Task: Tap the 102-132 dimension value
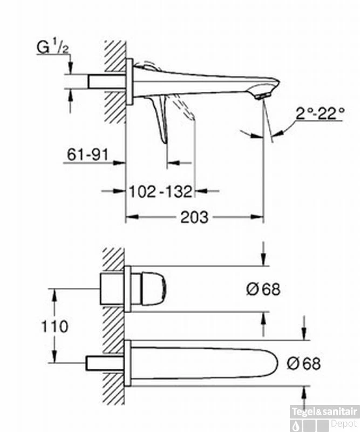[160, 191]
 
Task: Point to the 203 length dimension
[194, 217]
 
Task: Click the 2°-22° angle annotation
[320, 113]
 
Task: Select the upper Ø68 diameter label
[263, 289]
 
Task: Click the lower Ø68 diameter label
[303, 363]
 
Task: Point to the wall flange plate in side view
[129, 82]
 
